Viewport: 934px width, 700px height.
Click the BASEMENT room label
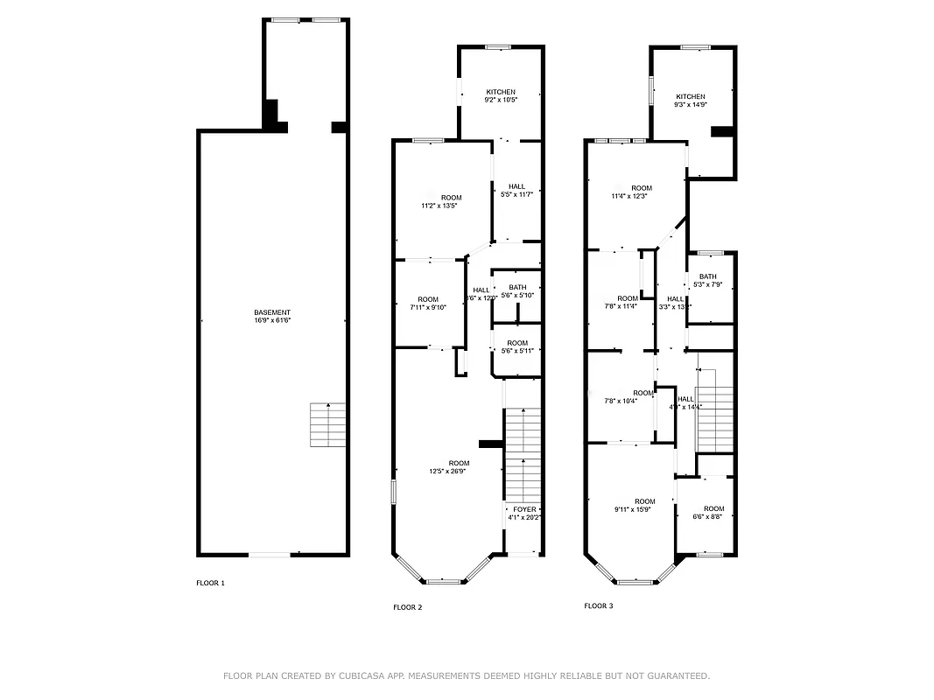pyautogui.click(x=271, y=317)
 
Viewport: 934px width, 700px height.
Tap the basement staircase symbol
pyautogui.click(x=328, y=424)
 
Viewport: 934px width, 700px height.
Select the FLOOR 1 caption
pyautogui.click(x=210, y=583)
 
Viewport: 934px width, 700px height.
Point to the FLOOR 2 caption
pyautogui.click(x=407, y=607)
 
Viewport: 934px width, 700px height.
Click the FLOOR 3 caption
pyautogui.click(x=599, y=605)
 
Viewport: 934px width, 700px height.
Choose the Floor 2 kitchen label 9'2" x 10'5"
pyautogui.click(x=501, y=95)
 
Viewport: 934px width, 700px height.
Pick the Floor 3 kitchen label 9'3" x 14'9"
pyautogui.click(x=690, y=101)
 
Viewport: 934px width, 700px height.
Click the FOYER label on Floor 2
pyautogui.click(x=524, y=513)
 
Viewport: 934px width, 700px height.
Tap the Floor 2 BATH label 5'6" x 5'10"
pyautogui.click(x=517, y=291)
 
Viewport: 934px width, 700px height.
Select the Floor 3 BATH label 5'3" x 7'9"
pyautogui.click(x=707, y=281)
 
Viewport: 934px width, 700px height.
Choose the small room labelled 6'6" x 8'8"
pyautogui.click(x=713, y=513)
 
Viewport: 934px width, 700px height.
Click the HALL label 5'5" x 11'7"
pyautogui.click(x=516, y=190)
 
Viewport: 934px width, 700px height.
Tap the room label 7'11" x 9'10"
pyautogui.click(x=427, y=304)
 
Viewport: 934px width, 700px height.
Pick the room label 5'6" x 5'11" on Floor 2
pyautogui.click(x=516, y=346)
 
